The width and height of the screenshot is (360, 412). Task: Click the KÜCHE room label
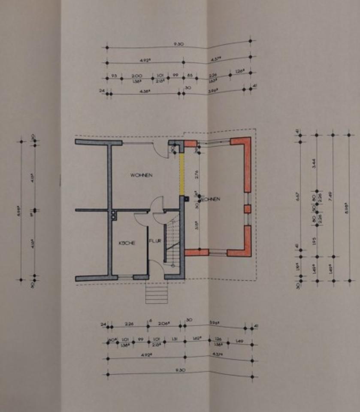[127, 243]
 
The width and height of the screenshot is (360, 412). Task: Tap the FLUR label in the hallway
[155, 241]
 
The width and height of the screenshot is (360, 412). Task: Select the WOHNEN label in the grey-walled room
[142, 175]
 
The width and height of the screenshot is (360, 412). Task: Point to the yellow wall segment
[182, 173]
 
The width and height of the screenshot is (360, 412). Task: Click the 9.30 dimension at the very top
[179, 44]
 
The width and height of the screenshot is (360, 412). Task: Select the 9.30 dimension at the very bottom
[180, 370]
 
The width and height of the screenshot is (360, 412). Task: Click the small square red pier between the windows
[247, 209]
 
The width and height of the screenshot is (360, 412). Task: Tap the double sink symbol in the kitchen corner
[113, 215]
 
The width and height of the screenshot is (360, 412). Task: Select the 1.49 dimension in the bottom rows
[239, 341]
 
